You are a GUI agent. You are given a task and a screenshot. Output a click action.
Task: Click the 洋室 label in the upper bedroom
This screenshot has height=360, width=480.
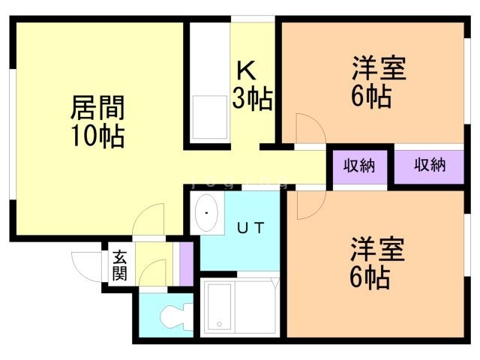(379, 69)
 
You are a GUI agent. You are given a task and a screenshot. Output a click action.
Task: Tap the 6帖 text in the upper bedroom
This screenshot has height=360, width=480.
(371, 97)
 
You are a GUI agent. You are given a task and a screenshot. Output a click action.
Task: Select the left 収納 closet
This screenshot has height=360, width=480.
(359, 166)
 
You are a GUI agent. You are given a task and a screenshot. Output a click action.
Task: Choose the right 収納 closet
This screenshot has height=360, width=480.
(430, 166)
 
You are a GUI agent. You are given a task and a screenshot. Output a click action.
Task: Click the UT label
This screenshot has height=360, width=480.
(250, 228)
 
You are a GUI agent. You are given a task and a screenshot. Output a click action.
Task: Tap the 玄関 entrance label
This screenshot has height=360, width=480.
(120, 264)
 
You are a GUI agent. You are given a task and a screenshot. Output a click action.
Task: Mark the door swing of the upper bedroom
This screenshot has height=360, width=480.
(306, 127)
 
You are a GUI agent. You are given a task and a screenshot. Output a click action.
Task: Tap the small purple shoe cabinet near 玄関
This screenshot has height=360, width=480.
(185, 263)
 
